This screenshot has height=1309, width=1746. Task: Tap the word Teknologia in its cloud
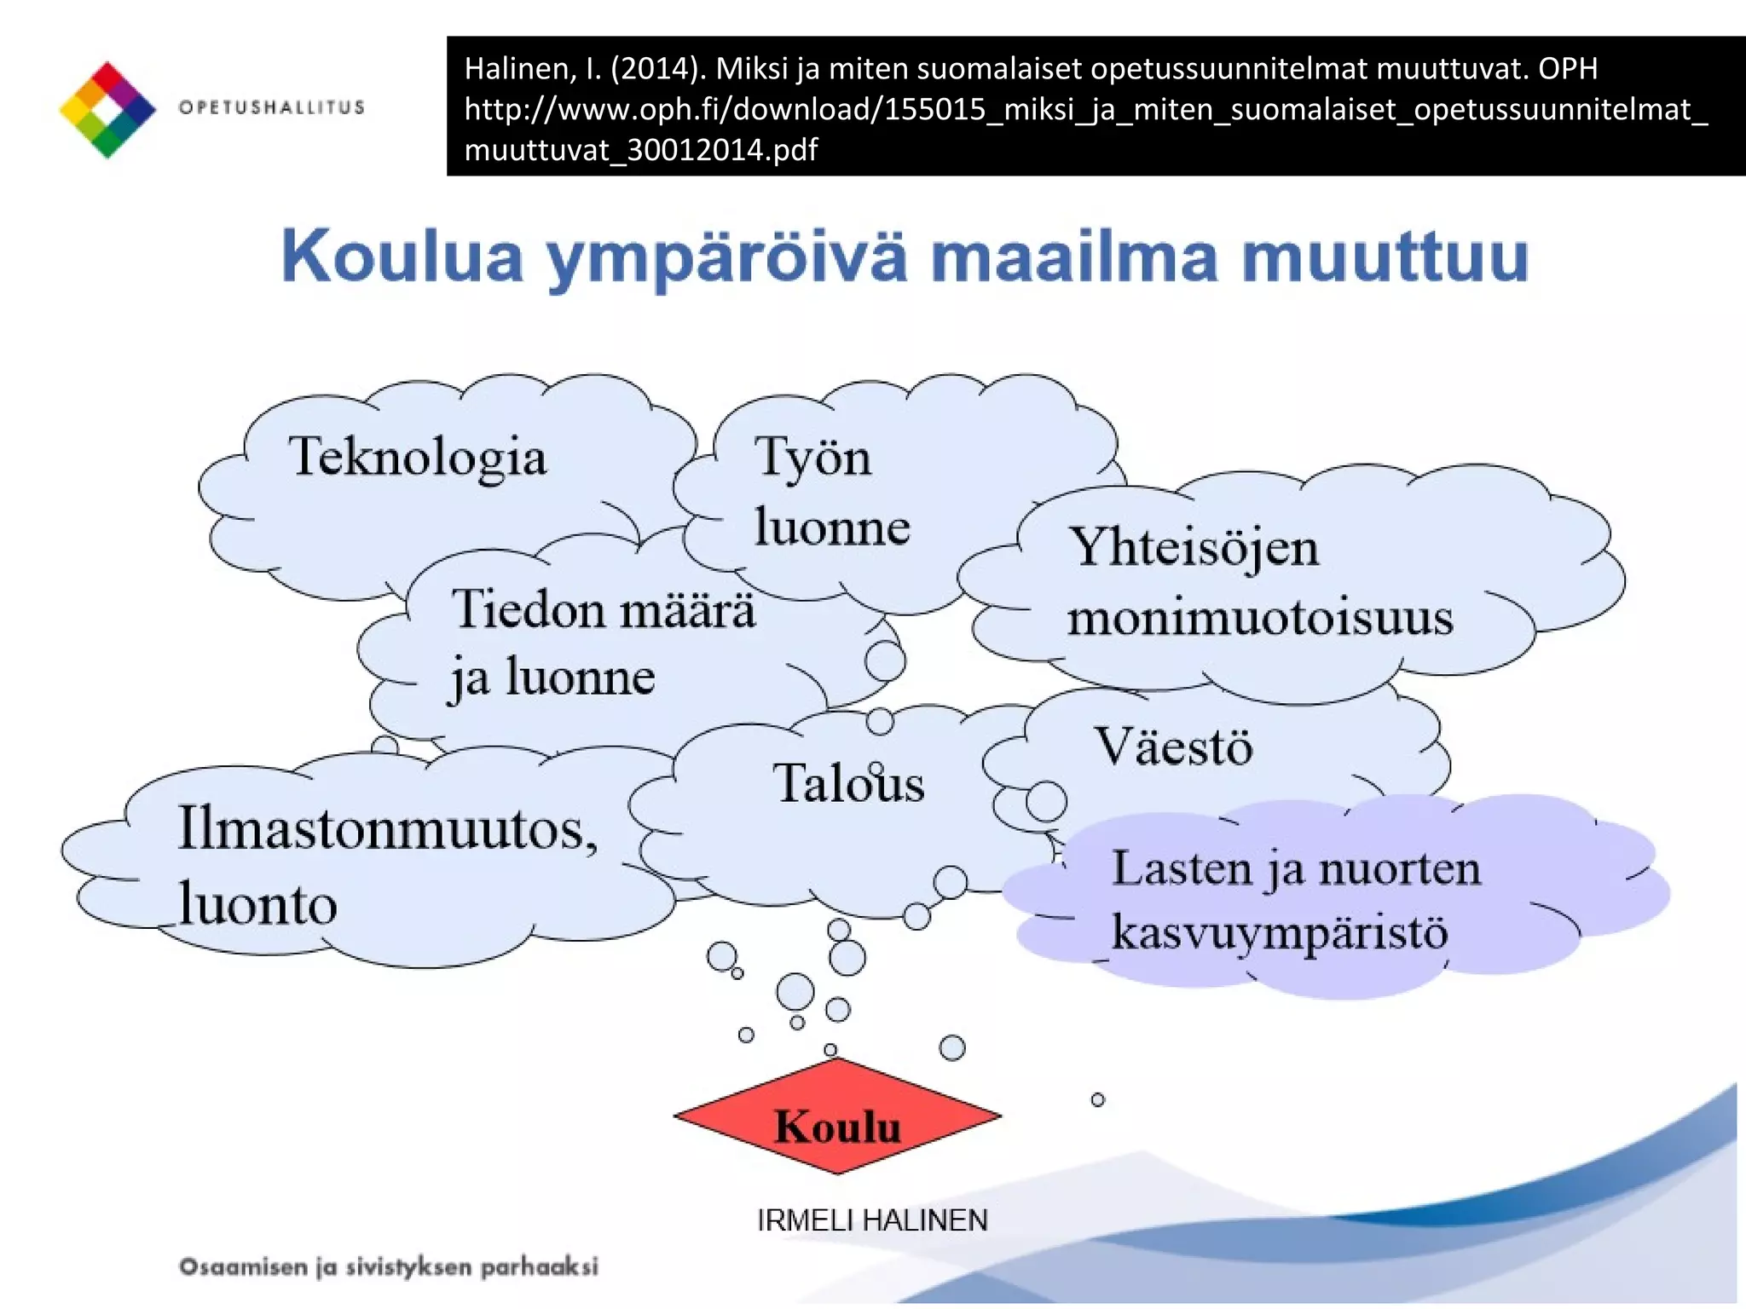pyautogui.click(x=417, y=458)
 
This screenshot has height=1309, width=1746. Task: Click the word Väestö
pyautogui.click(x=1173, y=747)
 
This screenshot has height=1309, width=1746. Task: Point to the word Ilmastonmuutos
pyautogui.click(x=387, y=828)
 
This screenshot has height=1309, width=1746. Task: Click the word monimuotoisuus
pyautogui.click(x=1259, y=617)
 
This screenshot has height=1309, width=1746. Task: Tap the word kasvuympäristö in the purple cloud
pyautogui.click(x=1279, y=933)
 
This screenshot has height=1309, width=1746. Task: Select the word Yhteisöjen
pyautogui.click(x=1194, y=547)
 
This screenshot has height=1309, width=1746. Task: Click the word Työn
pyautogui.click(x=812, y=458)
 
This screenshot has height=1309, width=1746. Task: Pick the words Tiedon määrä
pyautogui.click(x=603, y=610)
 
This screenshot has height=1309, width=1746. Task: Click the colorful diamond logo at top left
pyautogui.click(x=107, y=109)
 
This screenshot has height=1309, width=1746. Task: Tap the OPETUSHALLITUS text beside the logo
pyautogui.click(x=271, y=107)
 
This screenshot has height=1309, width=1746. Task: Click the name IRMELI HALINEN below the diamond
pyautogui.click(x=871, y=1220)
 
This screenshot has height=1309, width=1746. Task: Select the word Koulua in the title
pyautogui.click(x=402, y=257)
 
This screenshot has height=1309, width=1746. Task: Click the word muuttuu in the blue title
pyautogui.click(x=1385, y=257)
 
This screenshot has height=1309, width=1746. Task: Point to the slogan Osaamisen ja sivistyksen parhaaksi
pyautogui.click(x=388, y=1266)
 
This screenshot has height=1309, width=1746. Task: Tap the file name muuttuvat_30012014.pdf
pyautogui.click(x=640, y=150)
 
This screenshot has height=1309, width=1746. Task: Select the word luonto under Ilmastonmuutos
pyautogui.click(x=257, y=905)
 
